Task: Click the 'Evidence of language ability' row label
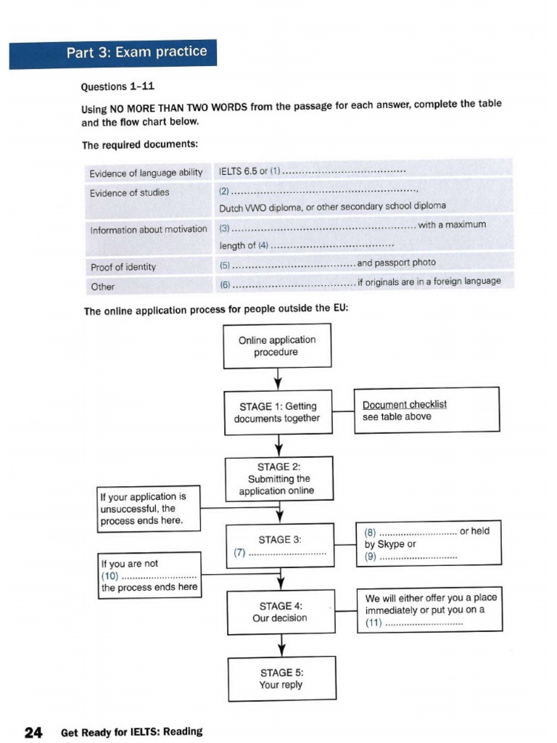tap(146, 173)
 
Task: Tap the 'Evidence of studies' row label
tap(129, 193)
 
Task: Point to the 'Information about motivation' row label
tap(149, 229)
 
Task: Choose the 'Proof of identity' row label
tap(123, 267)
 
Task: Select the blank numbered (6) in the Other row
tap(293, 284)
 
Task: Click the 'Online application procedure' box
tap(277, 346)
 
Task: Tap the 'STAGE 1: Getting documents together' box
tap(277, 413)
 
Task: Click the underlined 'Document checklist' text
tap(405, 405)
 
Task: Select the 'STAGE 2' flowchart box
tap(279, 479)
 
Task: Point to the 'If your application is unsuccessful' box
tap(148, 509)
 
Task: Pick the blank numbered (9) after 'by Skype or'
tap(417, 557)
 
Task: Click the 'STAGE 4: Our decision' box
tap(280, 612)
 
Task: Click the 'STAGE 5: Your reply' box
tap(281, 678)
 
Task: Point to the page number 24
tap(34, 731)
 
